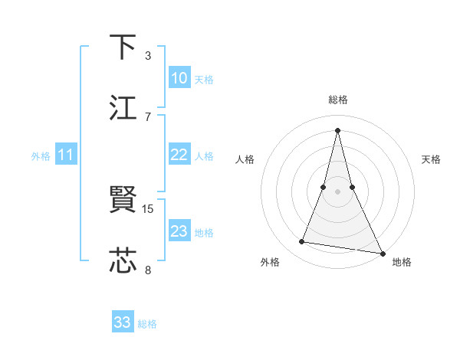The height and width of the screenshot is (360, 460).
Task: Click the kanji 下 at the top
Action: click(x=125, y=47)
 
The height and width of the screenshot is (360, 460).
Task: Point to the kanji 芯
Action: click(x=125, y=261)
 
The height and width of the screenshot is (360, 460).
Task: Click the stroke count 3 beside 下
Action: click(x=148, y=55)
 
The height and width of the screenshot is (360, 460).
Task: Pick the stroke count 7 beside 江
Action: click(x=148, y=116)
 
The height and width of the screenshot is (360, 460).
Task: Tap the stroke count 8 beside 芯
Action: click(x=148, y=270)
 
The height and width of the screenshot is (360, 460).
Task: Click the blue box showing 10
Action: click(x=179, y=78)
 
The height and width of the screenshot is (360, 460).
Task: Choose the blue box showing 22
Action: click(x=179, y=155)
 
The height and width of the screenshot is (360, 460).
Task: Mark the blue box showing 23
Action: click(x=179, y=231)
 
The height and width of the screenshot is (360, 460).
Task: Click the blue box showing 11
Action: click(x=65, y=155)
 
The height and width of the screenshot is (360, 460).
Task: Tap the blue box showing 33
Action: click(x=122, y=322)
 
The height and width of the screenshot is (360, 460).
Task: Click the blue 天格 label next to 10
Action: click(x=204, y=80)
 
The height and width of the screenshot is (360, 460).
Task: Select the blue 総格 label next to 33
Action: click(x=147, y=324)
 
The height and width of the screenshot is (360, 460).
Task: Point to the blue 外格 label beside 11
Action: click(x=41, y=156)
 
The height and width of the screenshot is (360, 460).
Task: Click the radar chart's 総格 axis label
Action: click(x=337, y=100)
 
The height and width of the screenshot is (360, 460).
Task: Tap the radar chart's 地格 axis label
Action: click(x=402, y=262)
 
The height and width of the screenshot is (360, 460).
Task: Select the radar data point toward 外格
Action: click(x=301, y=242)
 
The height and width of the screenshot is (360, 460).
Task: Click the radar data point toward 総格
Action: click(x=337, y=129)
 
